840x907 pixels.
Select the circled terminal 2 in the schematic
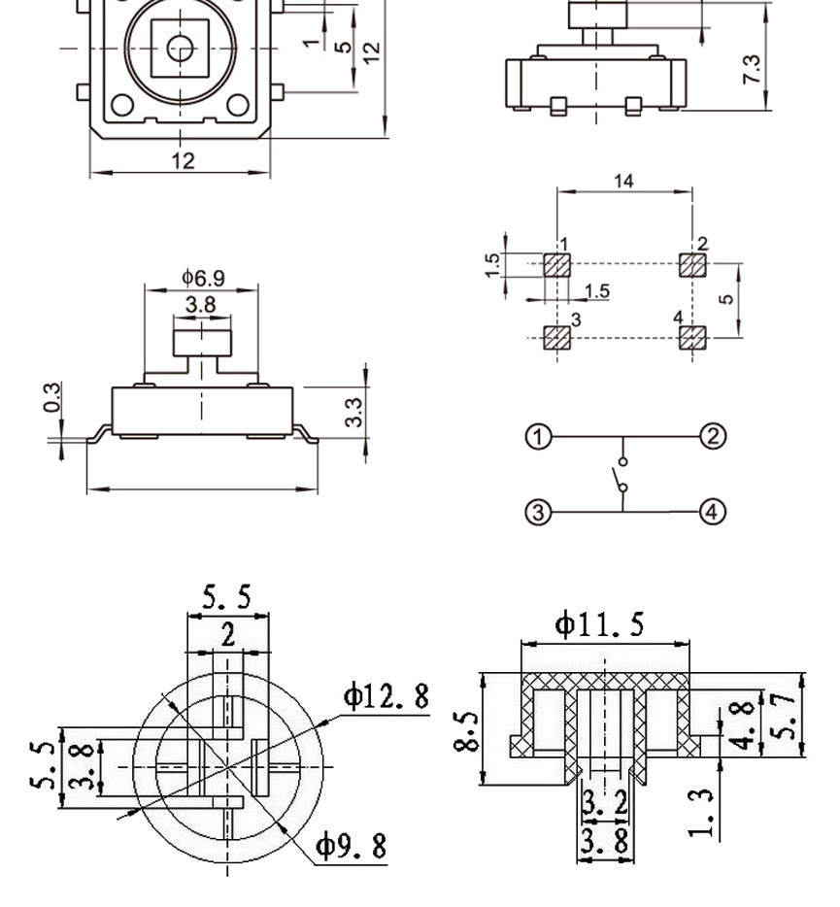713,436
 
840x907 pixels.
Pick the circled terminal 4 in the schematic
713,511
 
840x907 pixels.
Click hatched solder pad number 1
556,264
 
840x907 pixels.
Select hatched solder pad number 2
690,264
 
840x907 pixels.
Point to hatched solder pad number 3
556,337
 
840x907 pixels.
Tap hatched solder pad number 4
690,337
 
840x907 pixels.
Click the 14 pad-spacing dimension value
624,181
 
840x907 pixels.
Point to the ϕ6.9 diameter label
202,278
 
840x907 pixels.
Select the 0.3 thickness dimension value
53,396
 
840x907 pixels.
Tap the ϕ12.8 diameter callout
386,696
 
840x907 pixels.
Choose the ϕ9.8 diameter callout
351,847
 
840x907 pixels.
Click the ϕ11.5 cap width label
599,624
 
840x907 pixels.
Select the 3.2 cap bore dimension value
604,804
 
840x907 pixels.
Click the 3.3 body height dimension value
354,411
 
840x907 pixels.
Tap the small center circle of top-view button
180,48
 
